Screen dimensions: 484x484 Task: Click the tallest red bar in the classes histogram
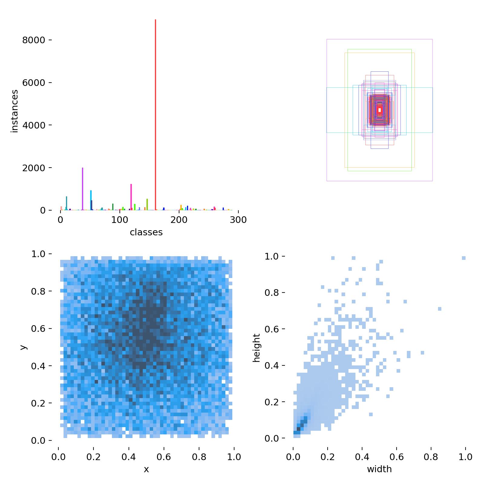click(x=155, y=115)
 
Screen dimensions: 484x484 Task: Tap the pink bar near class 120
click(x=131, y=197)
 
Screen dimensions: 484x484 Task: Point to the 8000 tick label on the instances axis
click(x=34, y=40)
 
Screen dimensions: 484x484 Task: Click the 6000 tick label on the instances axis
click(x=34, y=83)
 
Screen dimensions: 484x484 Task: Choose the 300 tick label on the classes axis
click(x=238, y=220)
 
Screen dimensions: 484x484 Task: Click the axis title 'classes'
click(x=146, y=232)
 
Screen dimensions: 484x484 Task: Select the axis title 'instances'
click(x=15, y=111)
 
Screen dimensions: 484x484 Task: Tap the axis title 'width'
click(x=379, y=469)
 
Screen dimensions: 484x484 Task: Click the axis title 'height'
click(x=257, y=348)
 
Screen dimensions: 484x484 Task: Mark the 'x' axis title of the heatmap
click(x=146, y=469)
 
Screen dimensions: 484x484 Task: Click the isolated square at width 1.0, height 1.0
click(x=464, y=258)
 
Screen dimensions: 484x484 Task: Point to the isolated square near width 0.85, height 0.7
click(x=440, y=309)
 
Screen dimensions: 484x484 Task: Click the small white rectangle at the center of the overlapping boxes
click(x=380, y=110)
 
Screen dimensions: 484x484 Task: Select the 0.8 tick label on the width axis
click(x=431, y=456)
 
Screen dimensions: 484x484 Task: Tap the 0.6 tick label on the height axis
click(x=271, y=329)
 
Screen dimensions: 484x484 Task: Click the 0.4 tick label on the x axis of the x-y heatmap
click(x=129, y=456)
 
